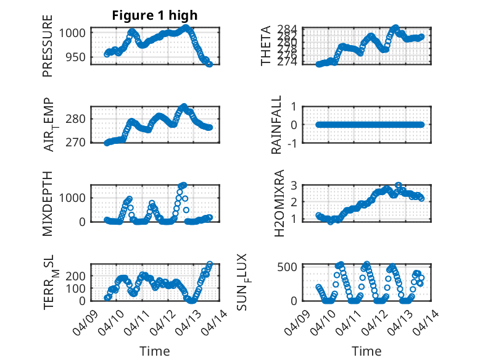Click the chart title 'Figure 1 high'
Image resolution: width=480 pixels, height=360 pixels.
tap(154, 15)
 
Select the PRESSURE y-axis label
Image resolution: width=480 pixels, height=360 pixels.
tap(48, 47)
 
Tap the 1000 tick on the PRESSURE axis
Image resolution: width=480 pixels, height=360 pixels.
tap(76, 33)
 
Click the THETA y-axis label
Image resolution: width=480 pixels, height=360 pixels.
tap(266, 46)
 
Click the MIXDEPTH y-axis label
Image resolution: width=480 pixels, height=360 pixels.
tap(48, 204)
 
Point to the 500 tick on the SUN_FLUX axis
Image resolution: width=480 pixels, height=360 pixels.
tap(291, 267)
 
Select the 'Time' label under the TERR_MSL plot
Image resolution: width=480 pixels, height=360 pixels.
tap(155, 351)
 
